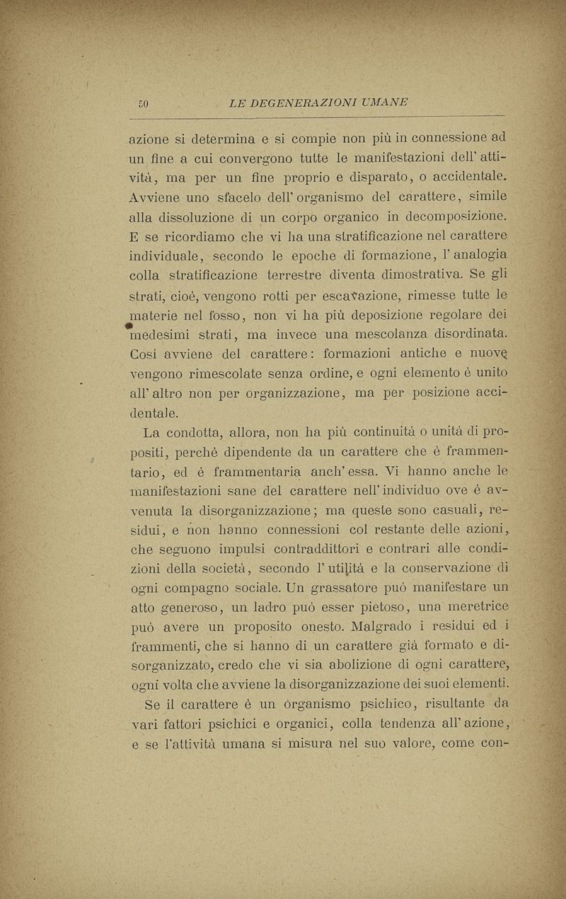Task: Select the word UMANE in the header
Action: (x=383, y=103)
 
